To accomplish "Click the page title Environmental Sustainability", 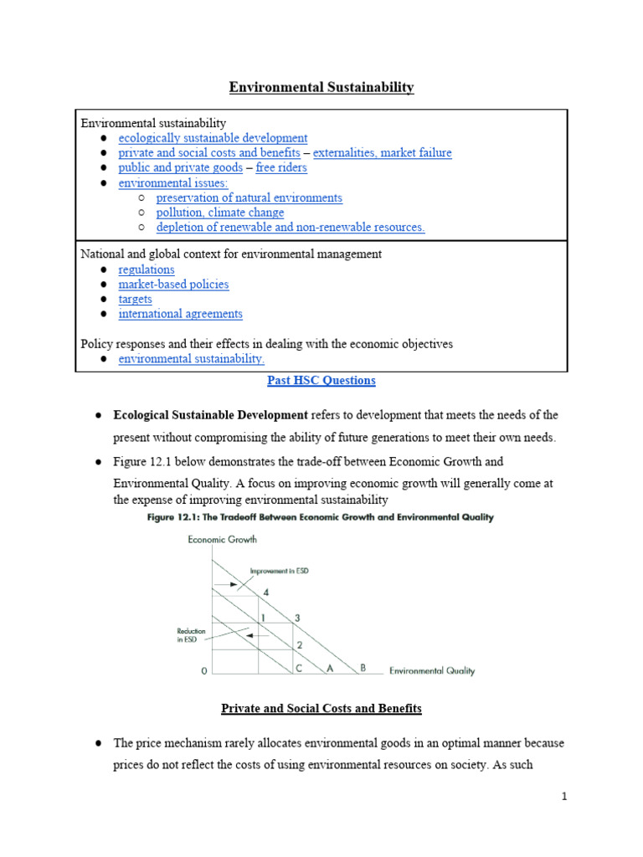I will click(321, 87).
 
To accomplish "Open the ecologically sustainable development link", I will click(213, 138).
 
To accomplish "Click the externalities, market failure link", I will click(382, 153).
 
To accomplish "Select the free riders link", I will click(281, 168).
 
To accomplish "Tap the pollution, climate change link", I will click(220, 213).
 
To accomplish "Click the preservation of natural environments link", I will click(249, 198).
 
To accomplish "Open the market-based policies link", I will click(173, 285).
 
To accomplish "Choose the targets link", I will click(135, 300).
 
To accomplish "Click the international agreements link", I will click(180, 315).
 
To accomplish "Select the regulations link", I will click(147, 269).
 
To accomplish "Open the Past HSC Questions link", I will click(321, 381).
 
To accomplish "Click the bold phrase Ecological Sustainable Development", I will click(211, 415).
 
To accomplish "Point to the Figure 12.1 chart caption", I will click(321, 517).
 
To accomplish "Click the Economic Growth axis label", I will click(222, 540).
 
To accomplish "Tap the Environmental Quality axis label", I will click(432, 670).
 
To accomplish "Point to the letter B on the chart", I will click(363, 668).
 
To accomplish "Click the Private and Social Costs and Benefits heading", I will click(321, 709).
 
